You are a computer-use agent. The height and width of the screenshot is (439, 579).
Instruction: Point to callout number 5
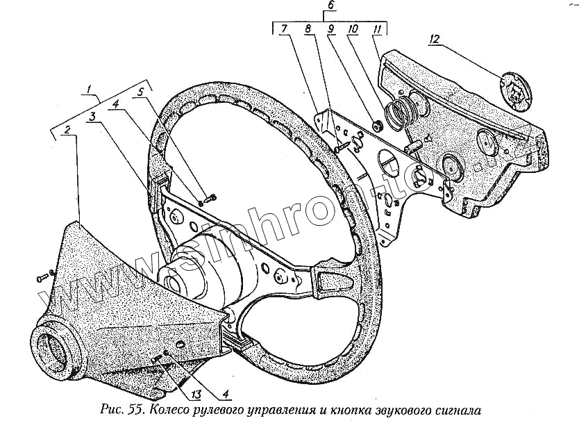143,91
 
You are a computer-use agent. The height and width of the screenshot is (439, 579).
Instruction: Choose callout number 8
308,30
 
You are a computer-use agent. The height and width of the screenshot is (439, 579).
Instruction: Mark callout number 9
330,30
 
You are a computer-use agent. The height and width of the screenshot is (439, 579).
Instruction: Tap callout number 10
353,30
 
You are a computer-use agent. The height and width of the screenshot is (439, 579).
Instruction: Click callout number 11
376,30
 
